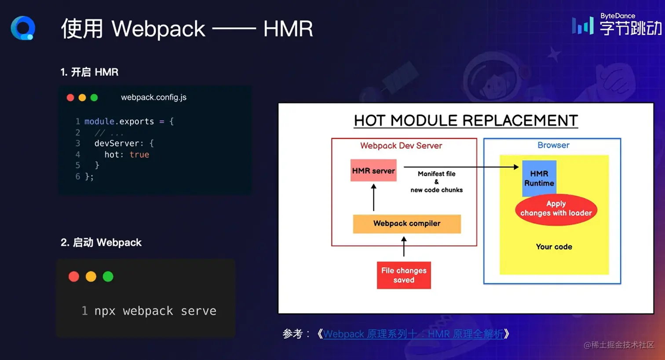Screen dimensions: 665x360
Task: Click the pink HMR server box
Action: click(373, 170)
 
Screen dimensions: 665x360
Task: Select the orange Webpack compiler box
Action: click(407, 224)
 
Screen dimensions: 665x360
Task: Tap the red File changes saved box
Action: click(404, 275)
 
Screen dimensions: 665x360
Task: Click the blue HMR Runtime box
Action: click(539, 178)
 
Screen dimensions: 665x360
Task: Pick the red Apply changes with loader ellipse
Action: click(556, 209)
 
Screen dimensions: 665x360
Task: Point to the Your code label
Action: click(554, 246)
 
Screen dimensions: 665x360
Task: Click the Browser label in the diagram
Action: click(553, 145)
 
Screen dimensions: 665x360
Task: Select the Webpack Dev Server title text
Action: click(401, 146)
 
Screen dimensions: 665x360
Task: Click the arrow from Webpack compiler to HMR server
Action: click(374, 197)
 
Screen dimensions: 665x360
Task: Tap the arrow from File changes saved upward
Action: click(404, 246)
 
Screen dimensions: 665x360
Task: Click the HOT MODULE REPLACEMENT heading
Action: click(466, 120)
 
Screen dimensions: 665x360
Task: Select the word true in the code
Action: click(139, 154)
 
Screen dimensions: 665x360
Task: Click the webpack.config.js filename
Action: click(154, 97)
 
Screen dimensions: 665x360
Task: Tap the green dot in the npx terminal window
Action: click(108, 276)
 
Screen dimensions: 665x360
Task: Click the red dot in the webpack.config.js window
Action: click(70, 98)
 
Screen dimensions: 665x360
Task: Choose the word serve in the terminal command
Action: click(199, 311)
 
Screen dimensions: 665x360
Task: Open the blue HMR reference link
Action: click(413, 334)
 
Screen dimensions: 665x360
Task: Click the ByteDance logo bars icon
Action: click(583, 26)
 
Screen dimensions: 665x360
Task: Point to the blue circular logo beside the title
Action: click(23, 28)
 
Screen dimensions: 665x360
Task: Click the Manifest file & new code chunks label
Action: click(436, 182)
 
